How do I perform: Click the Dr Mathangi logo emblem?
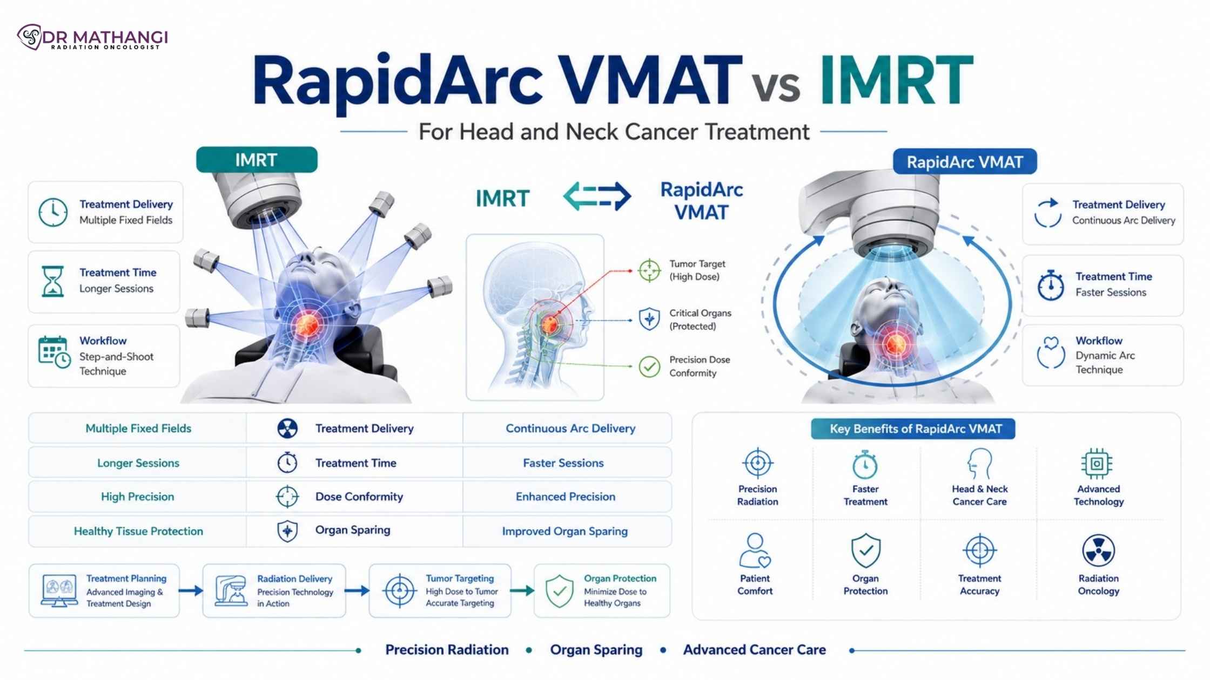[30, 37]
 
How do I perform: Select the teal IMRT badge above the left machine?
[257, 160]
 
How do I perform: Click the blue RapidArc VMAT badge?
[965, 162]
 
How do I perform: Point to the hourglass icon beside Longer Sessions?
[53, 281]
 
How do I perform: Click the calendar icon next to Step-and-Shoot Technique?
[54, 352]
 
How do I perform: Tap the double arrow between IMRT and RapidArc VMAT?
[597, 196]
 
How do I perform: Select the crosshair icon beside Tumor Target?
[649, 270]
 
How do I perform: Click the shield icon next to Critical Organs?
[649, 319]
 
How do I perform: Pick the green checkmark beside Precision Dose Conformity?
[649, 367]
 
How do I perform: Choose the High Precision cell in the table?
[137, 497]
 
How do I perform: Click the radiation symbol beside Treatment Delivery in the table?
[287, 429]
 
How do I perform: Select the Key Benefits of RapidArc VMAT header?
[913, 429]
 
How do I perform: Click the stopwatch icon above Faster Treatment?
[865, 464]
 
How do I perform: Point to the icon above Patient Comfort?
[755, 550]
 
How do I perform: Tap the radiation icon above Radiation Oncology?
[1098, 550]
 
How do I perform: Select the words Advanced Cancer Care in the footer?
[755, 650]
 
